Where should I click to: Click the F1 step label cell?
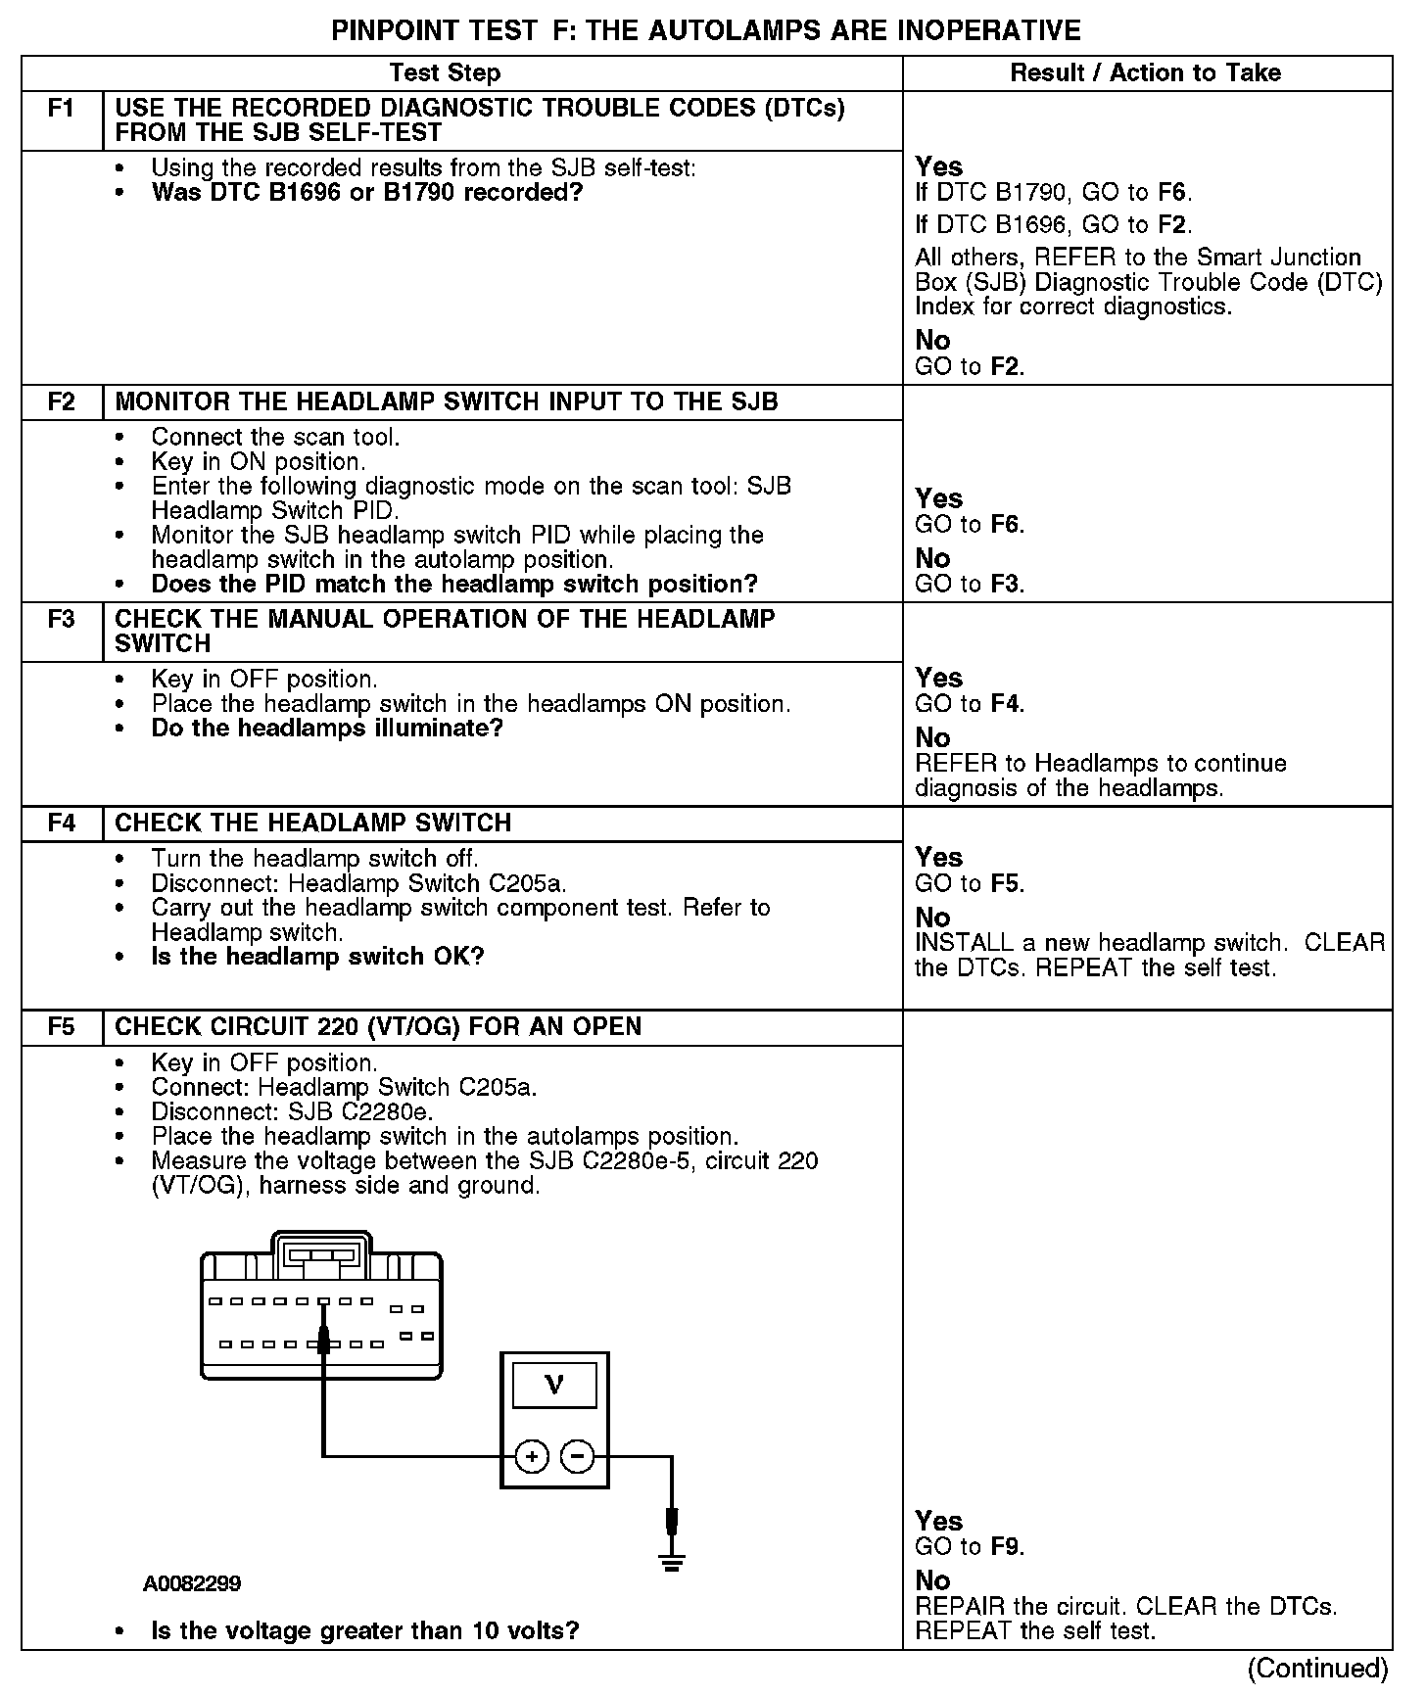point(61,109)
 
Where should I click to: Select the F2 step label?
point(61,402)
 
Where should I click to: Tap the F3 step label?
point(61,620)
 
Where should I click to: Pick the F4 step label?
point(61,824)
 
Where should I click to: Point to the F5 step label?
point(61,1027)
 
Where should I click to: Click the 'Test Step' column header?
point(445,73)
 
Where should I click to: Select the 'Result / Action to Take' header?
point(1145,73)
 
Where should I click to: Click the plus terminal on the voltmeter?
point(531,1457)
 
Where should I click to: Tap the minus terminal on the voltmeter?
point(578,1457)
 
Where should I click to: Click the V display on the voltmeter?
point(554,1385)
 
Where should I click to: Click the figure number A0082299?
point(192,1583)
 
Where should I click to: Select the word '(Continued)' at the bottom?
point(1318,1668)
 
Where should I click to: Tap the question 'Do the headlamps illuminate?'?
point(327,729)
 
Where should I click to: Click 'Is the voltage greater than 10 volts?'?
point(365,1630)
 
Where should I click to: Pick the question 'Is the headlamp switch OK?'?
point(318,957)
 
